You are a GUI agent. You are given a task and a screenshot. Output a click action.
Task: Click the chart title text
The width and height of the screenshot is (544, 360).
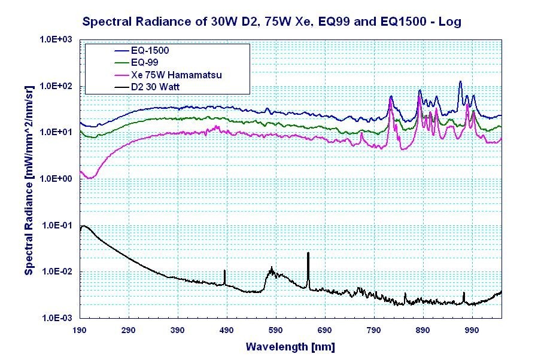tap(271, 22)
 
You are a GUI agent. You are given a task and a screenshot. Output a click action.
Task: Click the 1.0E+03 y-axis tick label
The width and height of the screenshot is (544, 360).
tap(56, 39)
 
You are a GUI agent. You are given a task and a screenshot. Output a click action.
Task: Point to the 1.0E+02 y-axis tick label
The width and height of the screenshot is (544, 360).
tap(56, 86)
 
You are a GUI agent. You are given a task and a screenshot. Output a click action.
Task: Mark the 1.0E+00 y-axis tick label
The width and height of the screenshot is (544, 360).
tap(56, 179)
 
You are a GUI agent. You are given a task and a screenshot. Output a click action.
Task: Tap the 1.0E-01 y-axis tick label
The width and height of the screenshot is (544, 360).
tap(56, 225)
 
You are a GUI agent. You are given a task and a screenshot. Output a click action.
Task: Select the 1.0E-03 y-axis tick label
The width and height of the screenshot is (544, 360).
tap(56, 318)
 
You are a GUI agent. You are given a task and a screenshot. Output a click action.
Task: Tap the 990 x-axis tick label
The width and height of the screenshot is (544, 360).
tap(472, 330)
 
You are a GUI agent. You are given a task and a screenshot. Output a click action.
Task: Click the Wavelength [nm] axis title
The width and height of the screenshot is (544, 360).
tap(290, 347)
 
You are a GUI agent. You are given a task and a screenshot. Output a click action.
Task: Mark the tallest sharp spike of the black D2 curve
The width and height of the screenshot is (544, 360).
tap(308, 254)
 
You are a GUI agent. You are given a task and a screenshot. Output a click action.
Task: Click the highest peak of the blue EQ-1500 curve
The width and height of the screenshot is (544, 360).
tap(460, 82)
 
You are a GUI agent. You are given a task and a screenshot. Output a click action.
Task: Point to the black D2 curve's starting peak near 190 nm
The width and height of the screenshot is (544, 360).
tap(84, 226)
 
